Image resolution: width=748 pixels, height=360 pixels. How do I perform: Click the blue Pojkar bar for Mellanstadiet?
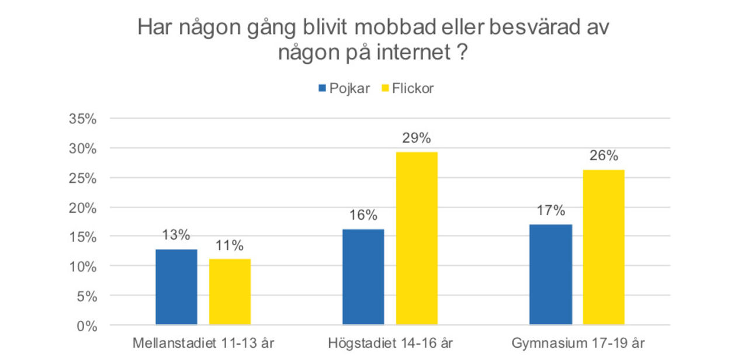pos(176,287)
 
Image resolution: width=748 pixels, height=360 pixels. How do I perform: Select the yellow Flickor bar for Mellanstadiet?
pos(230,292)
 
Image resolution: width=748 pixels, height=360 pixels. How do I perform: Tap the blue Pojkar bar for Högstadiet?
pos(363,277)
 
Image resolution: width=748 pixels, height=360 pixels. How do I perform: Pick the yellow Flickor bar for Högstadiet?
pos(417,238)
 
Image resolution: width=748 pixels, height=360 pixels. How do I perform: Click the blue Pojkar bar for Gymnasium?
pos(550,275)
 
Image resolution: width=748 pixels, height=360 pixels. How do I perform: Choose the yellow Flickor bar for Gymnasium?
pos(604,247)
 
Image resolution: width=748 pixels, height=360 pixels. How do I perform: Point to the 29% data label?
pos(416,139)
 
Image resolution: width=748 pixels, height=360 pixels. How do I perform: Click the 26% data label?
pos(604,156)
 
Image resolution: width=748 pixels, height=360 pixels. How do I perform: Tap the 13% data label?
pos(176,236)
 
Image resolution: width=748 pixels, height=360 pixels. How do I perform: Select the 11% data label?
pos(230,245)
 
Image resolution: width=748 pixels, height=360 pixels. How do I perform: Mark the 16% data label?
pos(363,215)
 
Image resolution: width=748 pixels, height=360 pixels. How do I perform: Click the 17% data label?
pos(550,210)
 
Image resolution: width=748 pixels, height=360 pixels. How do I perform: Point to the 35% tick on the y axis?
pos(82,119)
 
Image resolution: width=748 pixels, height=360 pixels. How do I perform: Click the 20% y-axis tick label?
pos(82,208)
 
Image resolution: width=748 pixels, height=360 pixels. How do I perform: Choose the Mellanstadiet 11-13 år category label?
pos(203,342)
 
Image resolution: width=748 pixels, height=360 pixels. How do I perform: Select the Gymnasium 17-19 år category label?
pos(579,342)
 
